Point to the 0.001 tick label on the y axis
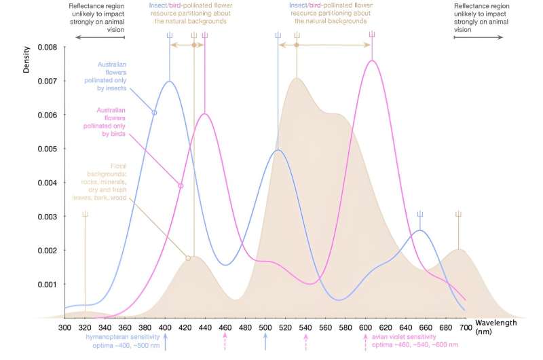47,284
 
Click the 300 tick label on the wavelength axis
64,327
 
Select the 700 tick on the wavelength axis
466,319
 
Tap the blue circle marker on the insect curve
155,112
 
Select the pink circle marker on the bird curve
181,185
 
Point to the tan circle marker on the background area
188,258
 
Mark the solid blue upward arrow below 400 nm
165,343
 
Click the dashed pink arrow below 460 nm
225,343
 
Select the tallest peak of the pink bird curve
372,60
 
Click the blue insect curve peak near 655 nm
420,231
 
